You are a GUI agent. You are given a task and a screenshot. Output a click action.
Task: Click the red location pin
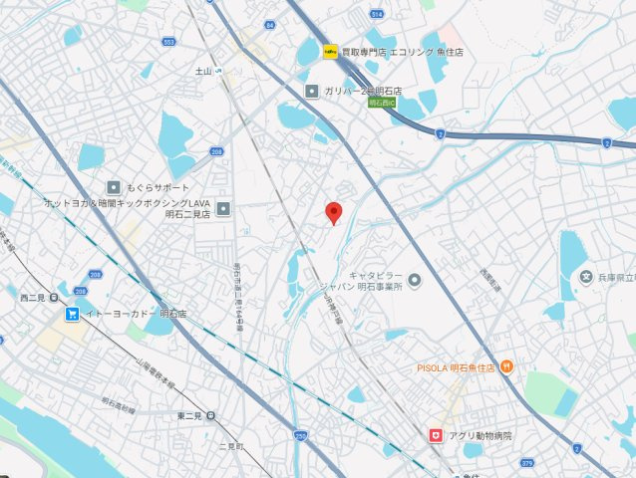coord(334,211)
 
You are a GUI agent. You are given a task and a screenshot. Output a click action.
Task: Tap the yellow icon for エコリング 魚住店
coord(329,52)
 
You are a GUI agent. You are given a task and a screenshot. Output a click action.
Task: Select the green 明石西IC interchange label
coord(382,102)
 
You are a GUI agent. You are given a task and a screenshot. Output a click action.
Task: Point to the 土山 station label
coord(204,71)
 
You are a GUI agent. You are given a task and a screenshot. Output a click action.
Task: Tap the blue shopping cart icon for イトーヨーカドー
coord(73,314)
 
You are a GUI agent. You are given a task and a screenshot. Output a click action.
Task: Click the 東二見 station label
coord(189,415)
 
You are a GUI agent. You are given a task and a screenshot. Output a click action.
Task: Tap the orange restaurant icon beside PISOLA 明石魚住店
coord(506,366)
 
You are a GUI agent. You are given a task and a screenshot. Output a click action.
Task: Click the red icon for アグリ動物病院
coord(435,435)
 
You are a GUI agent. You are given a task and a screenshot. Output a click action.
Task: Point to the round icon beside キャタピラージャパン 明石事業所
coord(415,278)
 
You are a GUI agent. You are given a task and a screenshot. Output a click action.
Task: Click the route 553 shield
coord(168,42)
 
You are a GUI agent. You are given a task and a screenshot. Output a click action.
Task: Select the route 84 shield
coord(269,24)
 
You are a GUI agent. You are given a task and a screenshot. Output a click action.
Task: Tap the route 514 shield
coord(376,14)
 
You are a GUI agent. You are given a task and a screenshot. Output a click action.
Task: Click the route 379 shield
coord(527,461)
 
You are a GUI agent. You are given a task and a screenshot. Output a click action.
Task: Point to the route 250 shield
coord(301,434)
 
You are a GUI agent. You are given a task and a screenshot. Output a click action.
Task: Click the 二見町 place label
coord(230,445)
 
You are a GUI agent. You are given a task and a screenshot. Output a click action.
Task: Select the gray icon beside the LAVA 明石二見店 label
coord(223,208)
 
